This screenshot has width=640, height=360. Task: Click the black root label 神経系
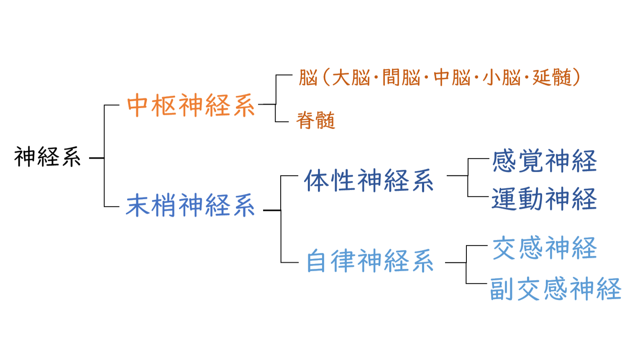pyautogui.click(x=47, y=157)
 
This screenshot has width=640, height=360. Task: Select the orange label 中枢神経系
pyautogui.click(x=191, y=105)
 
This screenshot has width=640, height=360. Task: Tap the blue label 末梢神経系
pyautogui.click(x=190, y=205)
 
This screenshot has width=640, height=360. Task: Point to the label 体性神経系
pyautogui.click(x=369, y=181)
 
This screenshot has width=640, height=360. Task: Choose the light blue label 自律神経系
pyautogui.click(x=369, y=261)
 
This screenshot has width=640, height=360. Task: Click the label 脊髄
pyautogui.click(x=316, y=121)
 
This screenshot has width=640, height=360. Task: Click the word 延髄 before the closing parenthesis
pyautogui.click(x=552, y=78)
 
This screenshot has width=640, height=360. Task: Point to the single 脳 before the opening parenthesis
pyautogui.click(x=308, y=78)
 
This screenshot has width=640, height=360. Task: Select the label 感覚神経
pyautogui.click(x=544, y=161)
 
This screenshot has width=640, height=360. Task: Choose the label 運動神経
pyautogui.click(x=544, y=199)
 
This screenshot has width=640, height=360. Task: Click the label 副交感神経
pyautogui.click(x=556, y=289)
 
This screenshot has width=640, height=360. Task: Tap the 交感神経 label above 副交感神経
pyautogui.click(x=544, y=248)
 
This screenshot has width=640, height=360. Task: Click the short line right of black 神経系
pyautogui.click(x=97, y=158)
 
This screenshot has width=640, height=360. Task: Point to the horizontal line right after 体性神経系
pyautogui.click(x=457, y=176)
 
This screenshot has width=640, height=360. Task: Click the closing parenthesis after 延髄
pyautogui.click(x=576, y=78)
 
